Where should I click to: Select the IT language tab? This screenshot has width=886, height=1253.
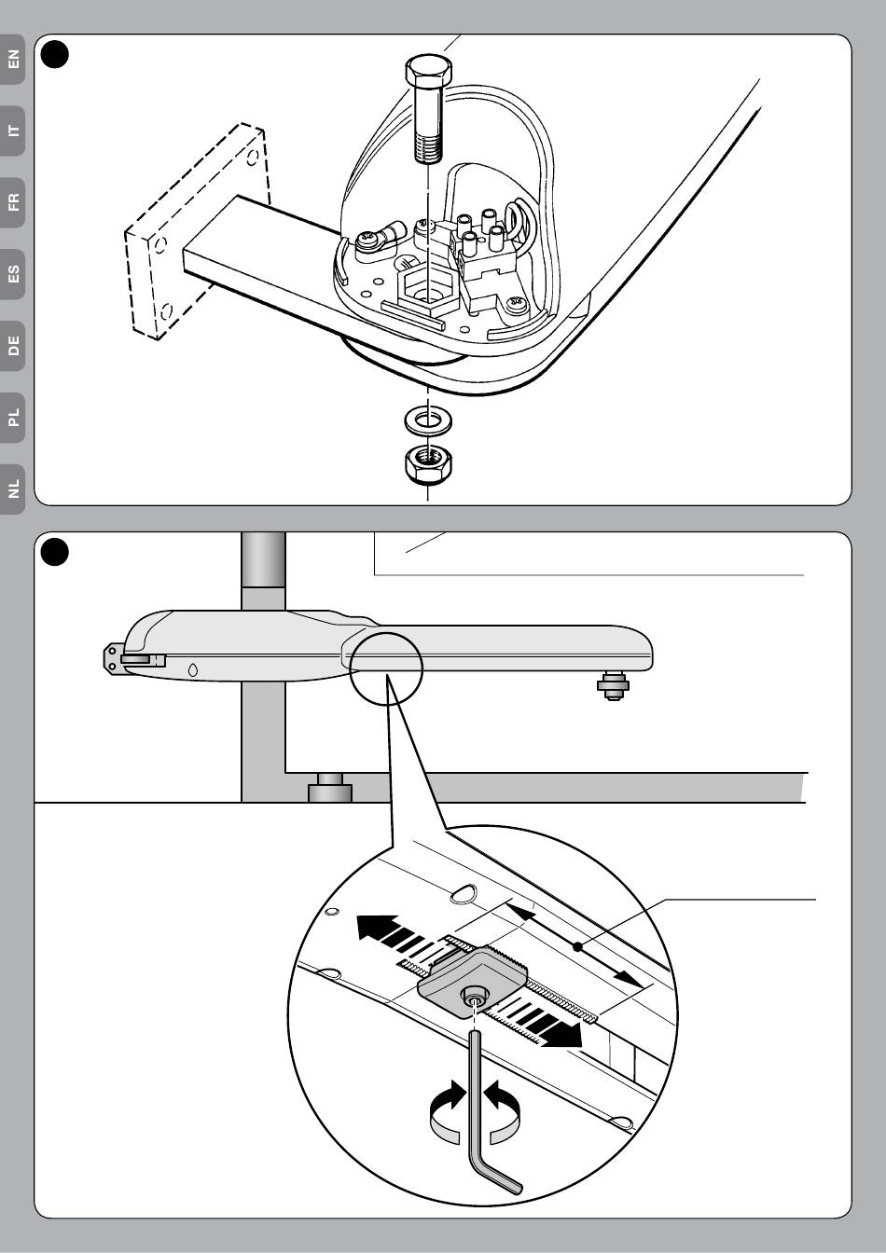click(13, 130)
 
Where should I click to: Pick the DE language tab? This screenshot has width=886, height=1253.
click(13, 347)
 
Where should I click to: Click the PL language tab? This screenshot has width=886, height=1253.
click(13, 419)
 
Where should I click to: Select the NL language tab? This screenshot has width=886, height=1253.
click(13, 489)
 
